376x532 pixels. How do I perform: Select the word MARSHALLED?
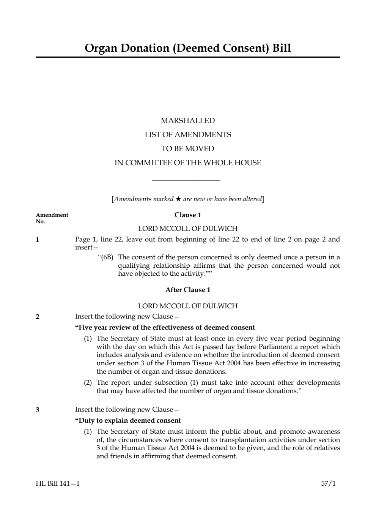(187, 121)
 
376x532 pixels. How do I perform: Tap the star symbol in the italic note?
(178, 199)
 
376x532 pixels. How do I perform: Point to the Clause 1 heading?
(188, 215)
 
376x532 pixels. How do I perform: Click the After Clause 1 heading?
(188, 290)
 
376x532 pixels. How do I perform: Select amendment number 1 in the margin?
(37, 240)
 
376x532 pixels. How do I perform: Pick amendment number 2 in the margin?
(37, 317)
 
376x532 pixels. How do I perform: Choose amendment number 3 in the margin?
(37, 410)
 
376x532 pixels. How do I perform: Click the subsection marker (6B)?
(106, 257)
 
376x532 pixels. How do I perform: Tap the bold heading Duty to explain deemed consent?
(128, 420)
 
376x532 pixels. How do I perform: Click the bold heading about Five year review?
(165, 327)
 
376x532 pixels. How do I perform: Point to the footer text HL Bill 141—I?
(58, 483)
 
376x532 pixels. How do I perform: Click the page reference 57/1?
(328, 483)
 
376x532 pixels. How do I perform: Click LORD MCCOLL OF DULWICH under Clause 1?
(188, 229)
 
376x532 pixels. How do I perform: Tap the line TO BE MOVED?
(188, 148)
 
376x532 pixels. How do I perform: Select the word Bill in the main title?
(282, 48)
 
